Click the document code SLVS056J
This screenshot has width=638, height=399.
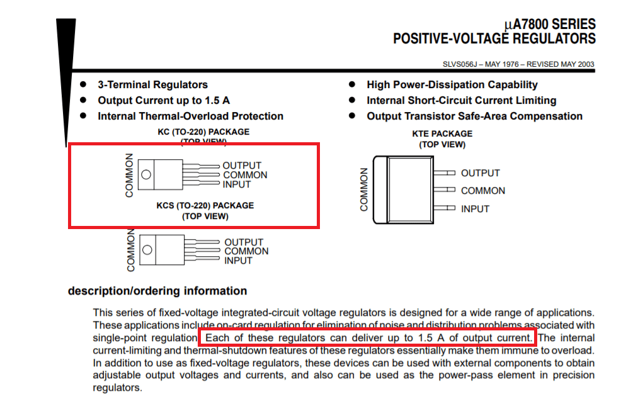(463, 64)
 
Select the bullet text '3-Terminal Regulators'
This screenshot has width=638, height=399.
(152, 85)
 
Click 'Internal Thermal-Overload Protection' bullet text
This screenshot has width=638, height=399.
(190, 116)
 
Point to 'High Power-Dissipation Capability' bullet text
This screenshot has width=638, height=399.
(452, 85)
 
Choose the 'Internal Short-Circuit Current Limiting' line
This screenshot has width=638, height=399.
(462, 101)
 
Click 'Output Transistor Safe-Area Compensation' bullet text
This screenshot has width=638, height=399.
(474, 116)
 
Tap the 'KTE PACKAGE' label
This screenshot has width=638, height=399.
(442, 134)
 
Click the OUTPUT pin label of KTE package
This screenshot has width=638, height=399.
(480, 173)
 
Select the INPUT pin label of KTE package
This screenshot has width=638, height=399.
(475, 209)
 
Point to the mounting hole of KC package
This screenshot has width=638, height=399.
(146, 175)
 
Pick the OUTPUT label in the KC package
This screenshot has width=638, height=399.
(242, 166)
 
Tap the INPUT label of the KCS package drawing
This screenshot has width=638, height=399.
(238, 261)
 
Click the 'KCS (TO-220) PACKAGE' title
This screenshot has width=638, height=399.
(205, 206)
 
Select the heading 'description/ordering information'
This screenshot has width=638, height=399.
(157, 291)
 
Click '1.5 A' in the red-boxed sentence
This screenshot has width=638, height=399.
(430, 338)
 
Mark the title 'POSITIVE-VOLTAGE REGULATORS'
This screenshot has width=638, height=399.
(494, 39)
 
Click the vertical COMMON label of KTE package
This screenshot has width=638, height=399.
(364, 189)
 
